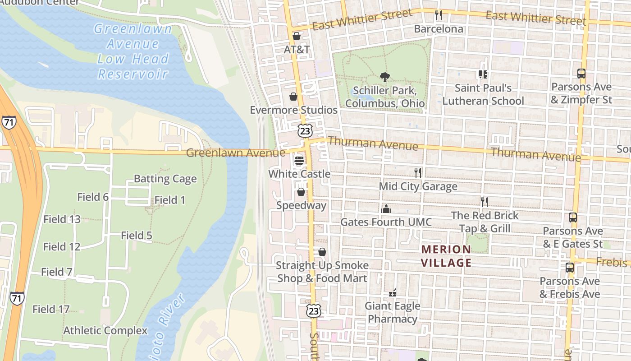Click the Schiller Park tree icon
point(384,77)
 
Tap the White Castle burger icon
point(299,160)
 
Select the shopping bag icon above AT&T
point(297,36)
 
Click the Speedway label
point(301,205)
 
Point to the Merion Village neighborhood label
point(446,256)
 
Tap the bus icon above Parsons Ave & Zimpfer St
point(581,73)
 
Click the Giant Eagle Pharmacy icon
point(393,293)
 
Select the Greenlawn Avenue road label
point(235,153)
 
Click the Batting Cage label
point(165,179)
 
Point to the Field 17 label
point(51,309)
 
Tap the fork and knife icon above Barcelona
point(439,16)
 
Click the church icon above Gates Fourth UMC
point(386,208)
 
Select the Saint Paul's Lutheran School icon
point(483,74)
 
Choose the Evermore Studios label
point(293,110)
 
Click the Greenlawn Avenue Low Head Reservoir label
point(133,51)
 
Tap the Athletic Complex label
point(105,330)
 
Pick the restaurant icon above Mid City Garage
point(418,172)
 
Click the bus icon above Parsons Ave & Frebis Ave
point(570,267)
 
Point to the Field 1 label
point(169,200)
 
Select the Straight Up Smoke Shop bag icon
point(322,252)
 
